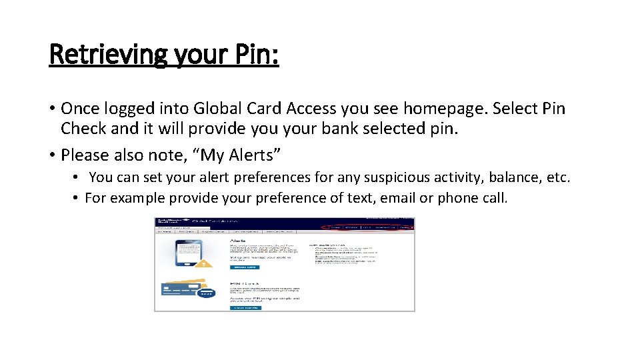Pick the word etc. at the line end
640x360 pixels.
click(x=557, y=177)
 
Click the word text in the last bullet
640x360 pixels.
click(x=363, y=198)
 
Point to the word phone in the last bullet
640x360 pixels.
click(x=459, y=198)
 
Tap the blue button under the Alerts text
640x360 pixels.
click(x=245, y=267)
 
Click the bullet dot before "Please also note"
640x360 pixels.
click(x=52, y=155)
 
